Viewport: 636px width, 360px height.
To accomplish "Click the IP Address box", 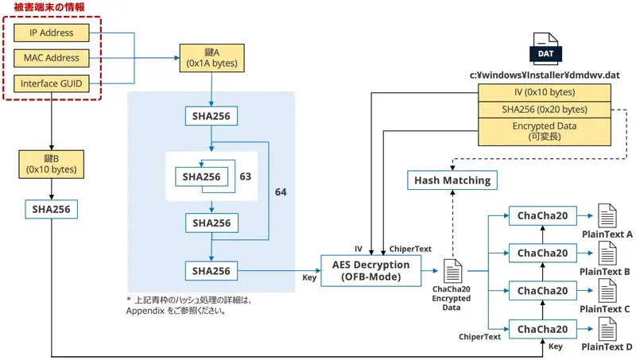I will click(x=52, y=33).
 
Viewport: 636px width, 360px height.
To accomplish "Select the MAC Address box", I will click(x=52, y=58).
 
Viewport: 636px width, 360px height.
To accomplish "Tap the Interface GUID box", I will click(x=52, y=83).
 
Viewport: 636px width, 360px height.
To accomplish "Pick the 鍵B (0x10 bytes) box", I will click(x=52, y=164).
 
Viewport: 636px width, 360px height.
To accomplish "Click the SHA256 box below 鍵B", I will click(x=52, y=209).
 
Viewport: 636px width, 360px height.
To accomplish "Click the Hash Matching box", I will click(x=452, y=180).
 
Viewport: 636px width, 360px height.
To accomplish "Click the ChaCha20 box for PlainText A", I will click(x=542, y=216).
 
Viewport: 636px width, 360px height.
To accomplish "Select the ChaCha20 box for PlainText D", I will click(x=542, y=329).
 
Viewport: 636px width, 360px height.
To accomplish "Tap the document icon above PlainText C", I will click(x=607, y=289).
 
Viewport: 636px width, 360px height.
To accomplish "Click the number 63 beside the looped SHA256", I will click(x=245, y=176).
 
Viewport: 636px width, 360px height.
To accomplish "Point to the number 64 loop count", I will click(x=281, y=192).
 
